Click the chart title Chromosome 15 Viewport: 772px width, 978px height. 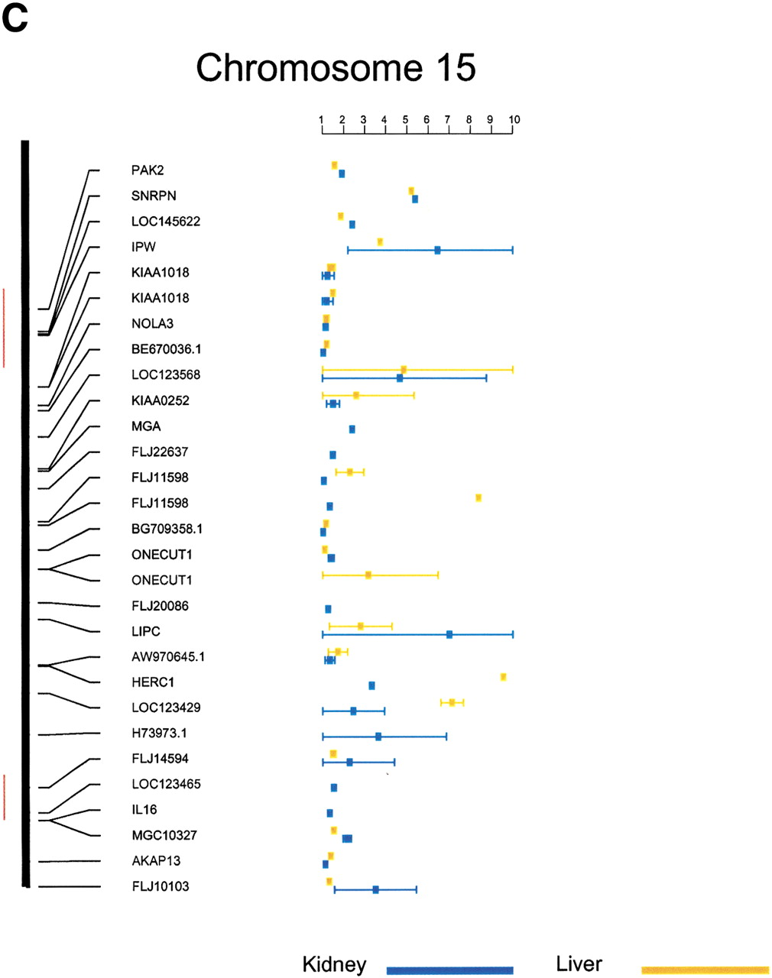pos(336,68)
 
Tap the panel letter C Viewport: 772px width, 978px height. pos(15,19)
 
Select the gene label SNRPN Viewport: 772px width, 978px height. pos(154,196)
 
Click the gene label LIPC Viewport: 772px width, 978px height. pos(146,631)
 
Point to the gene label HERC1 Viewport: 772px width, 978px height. pos(153,682)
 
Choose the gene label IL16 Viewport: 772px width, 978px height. pos(144,809)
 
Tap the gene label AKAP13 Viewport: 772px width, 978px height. pos(156,860)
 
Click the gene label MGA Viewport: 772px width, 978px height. pos(146,426)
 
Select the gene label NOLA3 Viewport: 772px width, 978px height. pos(152,323)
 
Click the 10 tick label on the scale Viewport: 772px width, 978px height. pos(514,119)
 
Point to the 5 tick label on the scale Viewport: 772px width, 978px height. pos(405,119)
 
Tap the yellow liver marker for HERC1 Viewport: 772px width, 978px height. pos(503,677)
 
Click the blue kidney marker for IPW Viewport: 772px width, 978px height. pos(437,251)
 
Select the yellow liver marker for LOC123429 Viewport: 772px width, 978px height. pos(452,703)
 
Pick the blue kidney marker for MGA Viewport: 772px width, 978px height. pos(352,429)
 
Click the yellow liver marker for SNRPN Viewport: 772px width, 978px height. pos(411,191)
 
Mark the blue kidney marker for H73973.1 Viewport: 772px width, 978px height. pos(378,737)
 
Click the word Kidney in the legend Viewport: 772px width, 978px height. pos(335,964)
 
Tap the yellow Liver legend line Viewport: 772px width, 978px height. pos(706,970)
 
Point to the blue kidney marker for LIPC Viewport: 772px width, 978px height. pos(449,634)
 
